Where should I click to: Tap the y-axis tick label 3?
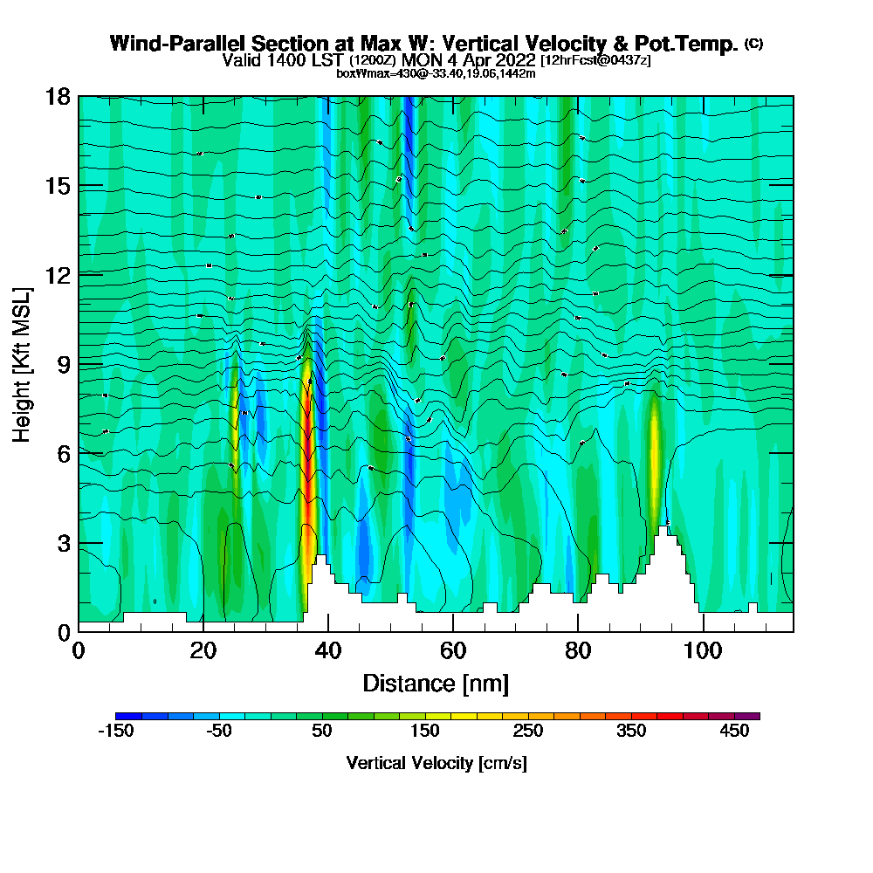click(64, 542)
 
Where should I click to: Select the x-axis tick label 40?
click(327, 650)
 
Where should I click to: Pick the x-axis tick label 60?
click(452, 650)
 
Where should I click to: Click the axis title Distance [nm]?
click(436, 683)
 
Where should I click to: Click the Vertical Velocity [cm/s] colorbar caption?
click(436, 763)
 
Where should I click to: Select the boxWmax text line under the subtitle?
click(436, 73)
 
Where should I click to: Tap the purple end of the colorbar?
click(753, 716)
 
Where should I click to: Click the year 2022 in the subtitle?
click(514, 60)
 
